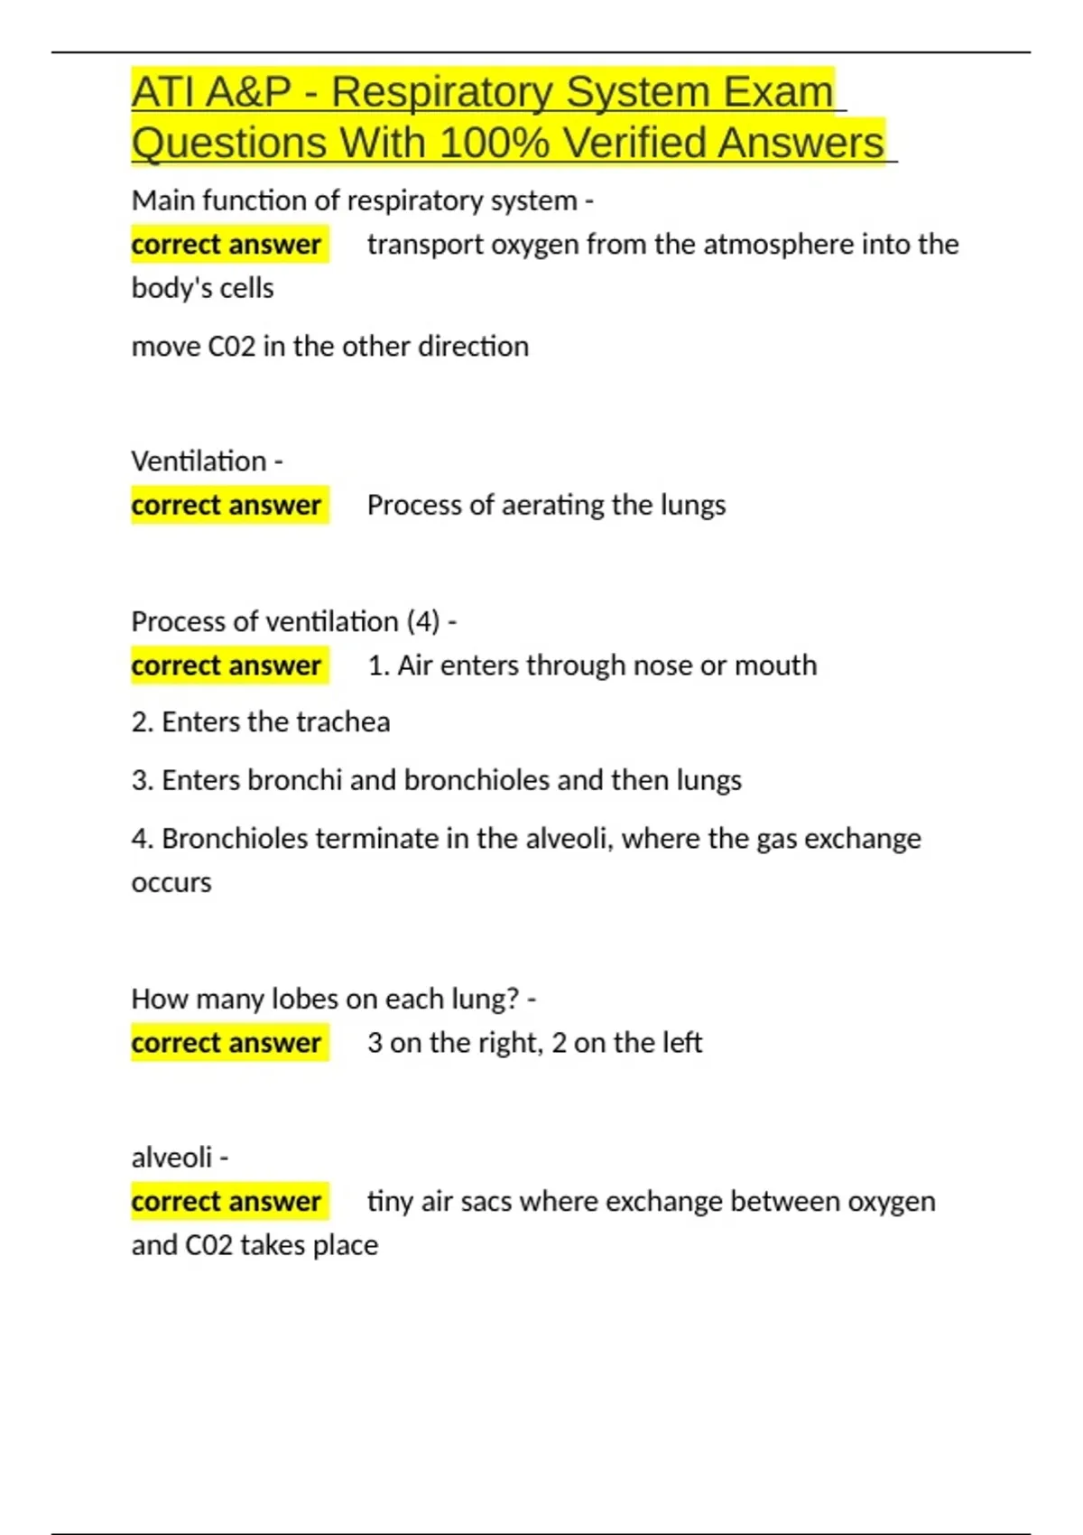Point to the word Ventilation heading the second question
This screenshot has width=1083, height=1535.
pos(199,461)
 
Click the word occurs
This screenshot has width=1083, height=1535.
pos(171,882)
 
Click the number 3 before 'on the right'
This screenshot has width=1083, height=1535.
pos(375,1043)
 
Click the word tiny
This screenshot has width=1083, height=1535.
pos(390,1202)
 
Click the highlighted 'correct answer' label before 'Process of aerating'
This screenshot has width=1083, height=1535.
pos(227,505)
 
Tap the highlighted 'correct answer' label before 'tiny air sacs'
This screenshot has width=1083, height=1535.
pos(227,1202)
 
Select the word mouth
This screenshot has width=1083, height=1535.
pos(775,665)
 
